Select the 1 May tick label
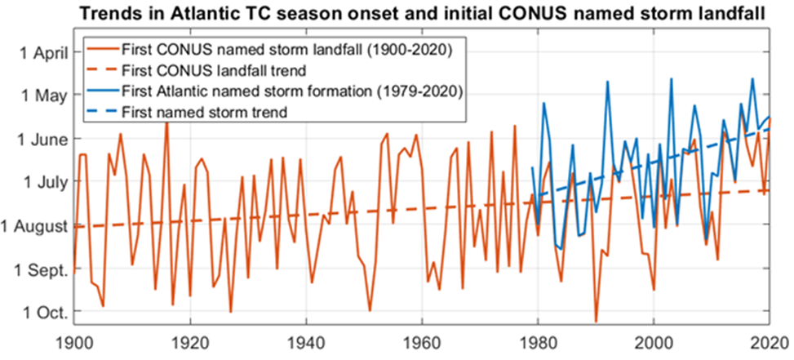pos(42,96)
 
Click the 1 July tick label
pos(42,183)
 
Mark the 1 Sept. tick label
pos(39,270)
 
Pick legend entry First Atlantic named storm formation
pos(292,91)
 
